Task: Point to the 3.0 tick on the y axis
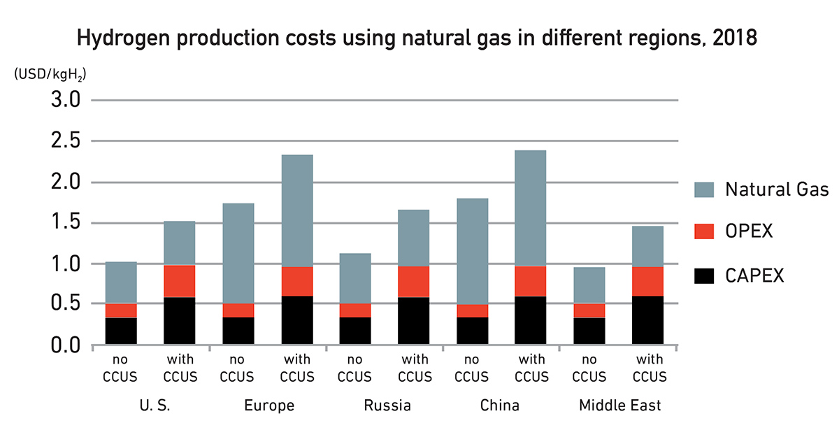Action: [x=66, y=101]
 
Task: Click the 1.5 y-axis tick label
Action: [x=66, y=224]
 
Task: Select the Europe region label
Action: [x=268, y=406]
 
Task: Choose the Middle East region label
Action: [x=619, y=406]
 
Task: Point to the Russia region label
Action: [x=387, y=406]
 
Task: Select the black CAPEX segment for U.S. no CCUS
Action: [x=121, y=331]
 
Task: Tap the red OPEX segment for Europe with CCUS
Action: [x=297, y=281]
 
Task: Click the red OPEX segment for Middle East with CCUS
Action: [x=647, y=281]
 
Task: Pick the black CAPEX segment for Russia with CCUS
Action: [x=414, y=321]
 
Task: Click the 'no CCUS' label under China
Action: [x=472, y=369]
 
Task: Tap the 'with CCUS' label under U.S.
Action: [x=180, y=369]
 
